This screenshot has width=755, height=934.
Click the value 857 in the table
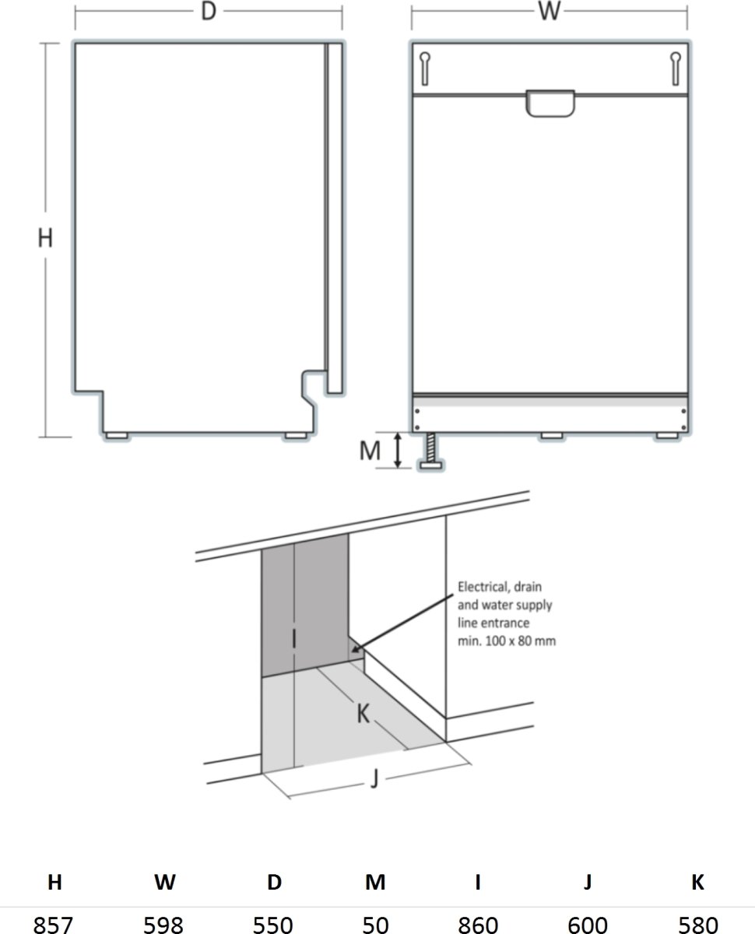[x=54, y=924]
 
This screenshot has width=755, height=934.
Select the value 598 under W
[x=164, y=924]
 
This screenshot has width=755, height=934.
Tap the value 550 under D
[x=273, y=924]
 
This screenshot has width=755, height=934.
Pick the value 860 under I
[x=477, y=924]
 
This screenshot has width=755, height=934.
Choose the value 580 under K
[x=697, y=924]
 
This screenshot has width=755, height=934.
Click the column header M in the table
[x=375, y=882]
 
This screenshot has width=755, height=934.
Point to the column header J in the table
[x=588, y=882]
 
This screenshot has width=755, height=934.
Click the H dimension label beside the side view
[x=45, y=238]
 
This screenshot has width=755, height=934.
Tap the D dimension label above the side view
[x=208, y=13]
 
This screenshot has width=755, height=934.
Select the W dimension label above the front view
[x=549, y=13]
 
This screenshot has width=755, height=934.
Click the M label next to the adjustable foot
[x=370, y=450]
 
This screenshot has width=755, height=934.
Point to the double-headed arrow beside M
[x=398, y=451]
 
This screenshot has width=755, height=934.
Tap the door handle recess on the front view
[x=550, y=104]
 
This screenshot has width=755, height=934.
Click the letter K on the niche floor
[x=363, y=713]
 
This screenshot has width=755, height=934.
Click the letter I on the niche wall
[x=293, y=639]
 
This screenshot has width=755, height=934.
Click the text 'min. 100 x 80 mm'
[x=507, y=641]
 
